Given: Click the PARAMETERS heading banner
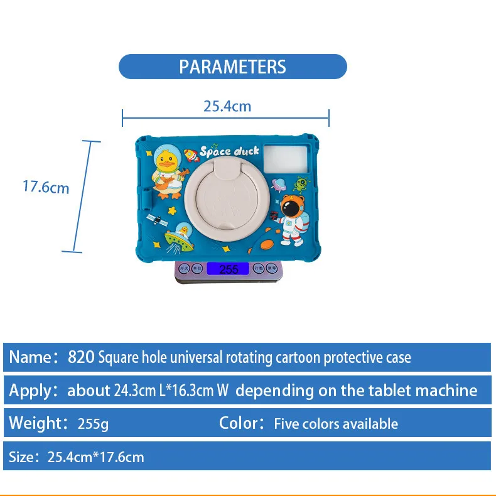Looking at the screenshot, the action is (232, 67).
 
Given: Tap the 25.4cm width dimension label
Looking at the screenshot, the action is (227, 107).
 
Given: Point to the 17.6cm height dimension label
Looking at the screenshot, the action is (46, 187).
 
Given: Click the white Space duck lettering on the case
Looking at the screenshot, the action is (229, 151).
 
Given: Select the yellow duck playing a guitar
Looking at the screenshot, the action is (168, 174).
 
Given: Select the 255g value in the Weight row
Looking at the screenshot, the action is (93, 424).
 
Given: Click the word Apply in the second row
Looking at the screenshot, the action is (30, 391).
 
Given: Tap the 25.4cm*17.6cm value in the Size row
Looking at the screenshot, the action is (95, 457).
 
